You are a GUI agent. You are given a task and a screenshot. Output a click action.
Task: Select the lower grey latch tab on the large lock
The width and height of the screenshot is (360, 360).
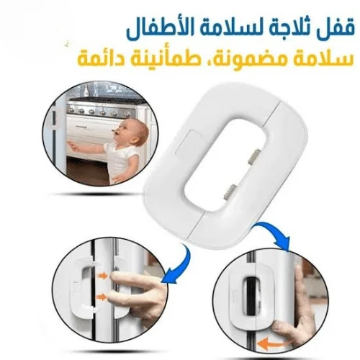[230, 192]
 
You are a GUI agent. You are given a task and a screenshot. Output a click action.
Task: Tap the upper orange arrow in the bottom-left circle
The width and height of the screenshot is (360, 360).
[102, 276]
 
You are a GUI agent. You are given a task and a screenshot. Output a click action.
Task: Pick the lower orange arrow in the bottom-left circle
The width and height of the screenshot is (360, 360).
[102, 297]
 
